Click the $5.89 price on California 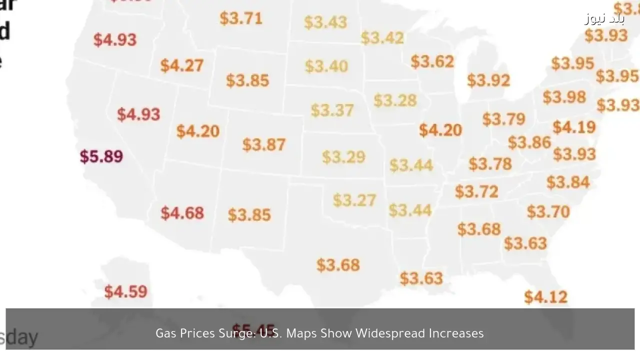pyautogui.click(x=101, y=156)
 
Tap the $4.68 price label pyautogui.click(x=182, y=213)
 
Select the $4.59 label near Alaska pyautogui.click(x=125, y=291)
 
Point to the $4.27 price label pyautogui.click(x=182, y=65)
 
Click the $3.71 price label pyautogui.click(x=241, y=18)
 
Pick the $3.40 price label pyautogui.click(x=326, y=66)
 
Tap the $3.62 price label pyautogui.click(x=432, y=61)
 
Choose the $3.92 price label pyautogui.click(x=488, y=80)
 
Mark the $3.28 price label pyautogui.click(x=395, y=100)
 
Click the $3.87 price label pyautogui.click(x=264, y=144)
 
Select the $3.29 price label pyautogui.click(x=343, y=157)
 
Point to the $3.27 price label pyautogui.click(x=354, y=200)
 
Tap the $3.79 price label pyautogui.click(x=503, y=119)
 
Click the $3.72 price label pyautogui.click(x=476, y=191)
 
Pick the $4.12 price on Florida pyautogui.click(x=546, y=297)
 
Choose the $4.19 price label pyautogui.click(x=574, y=127)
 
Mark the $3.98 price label pyautogui.click(x=564, y=97)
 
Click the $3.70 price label pyautogui.click(x=548, y=211)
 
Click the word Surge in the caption pyautogui.click(x=237, y=333)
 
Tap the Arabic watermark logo pyautogui.click(x=604, y=19)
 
